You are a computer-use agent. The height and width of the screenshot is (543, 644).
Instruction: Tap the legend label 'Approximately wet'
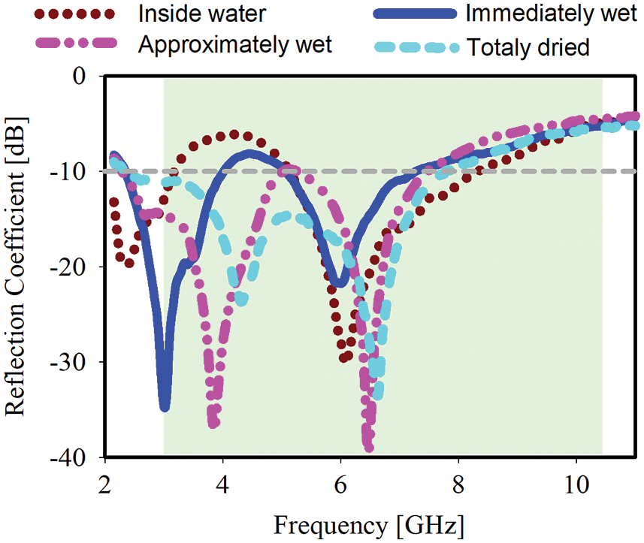point(235,44)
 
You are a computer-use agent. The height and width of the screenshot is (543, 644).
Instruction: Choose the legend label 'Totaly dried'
point(528,47)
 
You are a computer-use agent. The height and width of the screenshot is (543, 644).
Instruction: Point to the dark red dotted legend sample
point(74,14)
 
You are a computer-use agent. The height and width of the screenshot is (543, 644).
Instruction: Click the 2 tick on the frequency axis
point(106,481)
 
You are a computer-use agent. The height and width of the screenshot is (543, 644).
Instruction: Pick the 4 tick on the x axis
point(223,481)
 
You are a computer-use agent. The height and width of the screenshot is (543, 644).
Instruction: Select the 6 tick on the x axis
point(340,481)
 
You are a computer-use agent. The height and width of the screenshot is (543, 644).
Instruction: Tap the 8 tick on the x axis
point(458,481)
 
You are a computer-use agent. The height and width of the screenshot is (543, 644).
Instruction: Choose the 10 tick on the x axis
point(576,481)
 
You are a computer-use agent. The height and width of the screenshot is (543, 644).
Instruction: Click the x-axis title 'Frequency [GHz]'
point(368,523)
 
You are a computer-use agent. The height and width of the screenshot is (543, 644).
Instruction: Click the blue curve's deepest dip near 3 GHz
point(165,407)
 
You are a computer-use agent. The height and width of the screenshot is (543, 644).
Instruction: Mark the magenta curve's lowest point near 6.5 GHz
point(369,448)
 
